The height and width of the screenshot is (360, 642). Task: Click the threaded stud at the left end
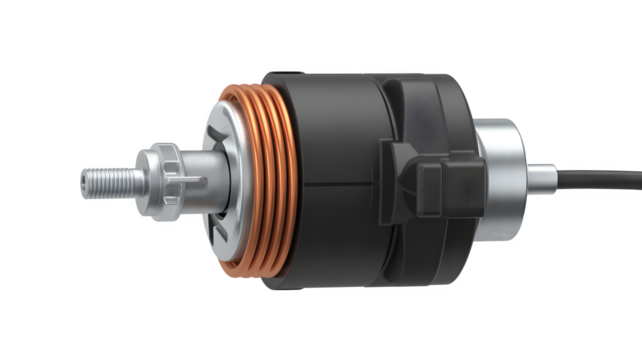[110, 180]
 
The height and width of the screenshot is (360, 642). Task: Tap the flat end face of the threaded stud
[86, 182]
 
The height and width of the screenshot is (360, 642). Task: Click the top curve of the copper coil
[250, 93]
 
